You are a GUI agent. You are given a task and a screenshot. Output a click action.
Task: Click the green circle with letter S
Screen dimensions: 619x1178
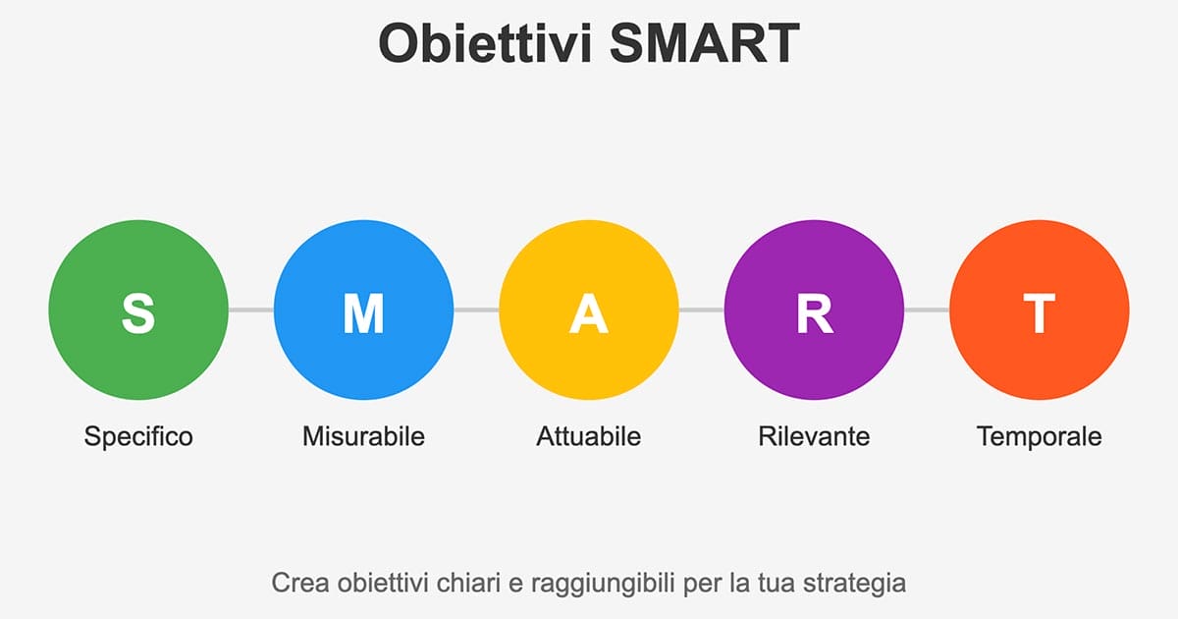coord(138,310)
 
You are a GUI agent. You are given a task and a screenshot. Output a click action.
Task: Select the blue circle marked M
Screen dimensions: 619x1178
coord(363,310)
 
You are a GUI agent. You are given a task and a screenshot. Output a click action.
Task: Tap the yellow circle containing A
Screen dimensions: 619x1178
coord(589,310)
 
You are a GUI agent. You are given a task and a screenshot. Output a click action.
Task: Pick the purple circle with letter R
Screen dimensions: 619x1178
coord(814,310)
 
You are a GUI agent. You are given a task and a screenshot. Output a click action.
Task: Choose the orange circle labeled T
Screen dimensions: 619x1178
coord(1039,310)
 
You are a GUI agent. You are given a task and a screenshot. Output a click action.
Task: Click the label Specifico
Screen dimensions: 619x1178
coord(138,436)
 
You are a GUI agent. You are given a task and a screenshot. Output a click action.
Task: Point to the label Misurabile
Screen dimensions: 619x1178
coord(363,436)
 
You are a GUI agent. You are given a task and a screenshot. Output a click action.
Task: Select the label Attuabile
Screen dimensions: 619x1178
coord(589,436)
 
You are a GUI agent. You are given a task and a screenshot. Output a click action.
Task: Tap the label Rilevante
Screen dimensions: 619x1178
coord(814,436)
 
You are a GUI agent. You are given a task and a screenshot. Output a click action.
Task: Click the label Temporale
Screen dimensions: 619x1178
coord(1039,436)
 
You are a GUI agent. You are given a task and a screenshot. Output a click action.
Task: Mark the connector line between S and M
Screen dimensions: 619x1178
coord(250,310)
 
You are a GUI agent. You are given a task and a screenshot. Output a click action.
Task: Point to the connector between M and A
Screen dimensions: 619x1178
coord(476,310)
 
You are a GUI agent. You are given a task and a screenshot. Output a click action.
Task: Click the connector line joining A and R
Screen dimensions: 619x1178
coord(701,310)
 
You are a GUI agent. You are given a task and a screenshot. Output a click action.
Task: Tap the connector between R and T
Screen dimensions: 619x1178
coord(927,310)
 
